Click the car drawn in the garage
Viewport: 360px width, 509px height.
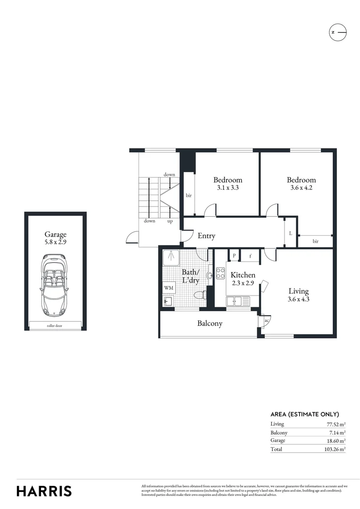pos(56,286)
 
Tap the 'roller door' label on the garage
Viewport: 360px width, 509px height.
pos(56,325)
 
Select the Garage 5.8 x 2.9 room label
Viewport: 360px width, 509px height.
pos(56,238)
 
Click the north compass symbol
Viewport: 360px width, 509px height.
pos(337,32)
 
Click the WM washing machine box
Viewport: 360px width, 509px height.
pos(168,287)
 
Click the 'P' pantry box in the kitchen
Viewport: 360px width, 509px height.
pos(234,256)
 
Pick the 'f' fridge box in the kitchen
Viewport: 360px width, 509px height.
pos(250,256)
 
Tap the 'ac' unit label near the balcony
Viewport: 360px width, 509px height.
pos(266,320)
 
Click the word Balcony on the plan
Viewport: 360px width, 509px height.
pos(210,324)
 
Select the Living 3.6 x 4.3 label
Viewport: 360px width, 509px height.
pos(299,295)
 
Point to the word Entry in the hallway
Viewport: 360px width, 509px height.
pos(206,236)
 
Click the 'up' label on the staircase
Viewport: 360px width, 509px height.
pos(170,221)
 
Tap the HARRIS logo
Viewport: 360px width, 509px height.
pos(44,491)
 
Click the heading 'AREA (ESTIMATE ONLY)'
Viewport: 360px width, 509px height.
pos(304,414)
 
